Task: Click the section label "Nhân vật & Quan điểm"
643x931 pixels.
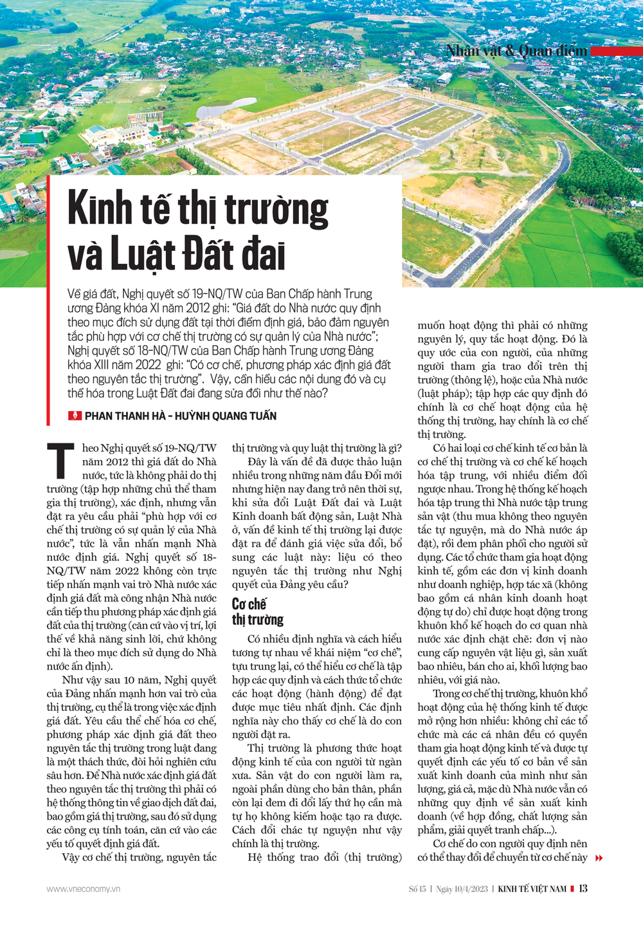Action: (x=517, y=51)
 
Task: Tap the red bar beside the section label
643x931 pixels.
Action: (x=616, y=51)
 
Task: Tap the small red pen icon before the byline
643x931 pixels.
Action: (x=75, y=416)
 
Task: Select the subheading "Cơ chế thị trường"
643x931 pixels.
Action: (x=257, y=612)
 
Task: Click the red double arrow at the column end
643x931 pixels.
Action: (x=599, y=858)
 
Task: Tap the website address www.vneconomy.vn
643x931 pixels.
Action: (x=83, y=889)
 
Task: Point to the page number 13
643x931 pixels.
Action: (x=583, y=889)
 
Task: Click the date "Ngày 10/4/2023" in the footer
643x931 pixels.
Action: (x=462, y=889)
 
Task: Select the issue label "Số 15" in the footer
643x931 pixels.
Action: (x=417, y=889)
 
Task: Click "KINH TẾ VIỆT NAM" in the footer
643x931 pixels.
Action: (x=532, y=889)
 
